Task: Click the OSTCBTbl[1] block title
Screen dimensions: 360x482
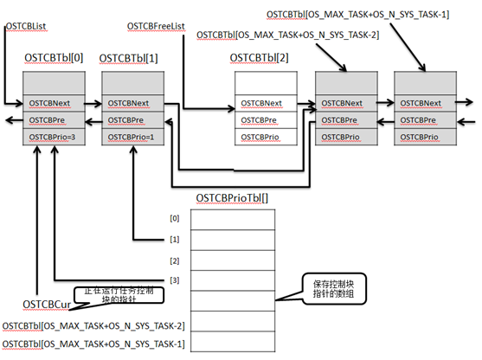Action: pyautogui.click(x=128, y=58)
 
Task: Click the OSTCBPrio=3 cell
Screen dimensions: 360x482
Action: pyautogui.click(x=53, y=137)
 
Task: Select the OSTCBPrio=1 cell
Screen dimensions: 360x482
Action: pyautogui.click(x=132, y=137)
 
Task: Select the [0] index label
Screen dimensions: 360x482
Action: pyautogui.click(x=175, y=217)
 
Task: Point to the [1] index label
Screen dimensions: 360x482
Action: pyautogui.click(x=175, y=238)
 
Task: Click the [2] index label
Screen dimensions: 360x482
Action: pyautogui.click(x=175, y=260)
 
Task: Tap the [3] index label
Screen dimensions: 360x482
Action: pyautogui.click(x=175, y=280)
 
